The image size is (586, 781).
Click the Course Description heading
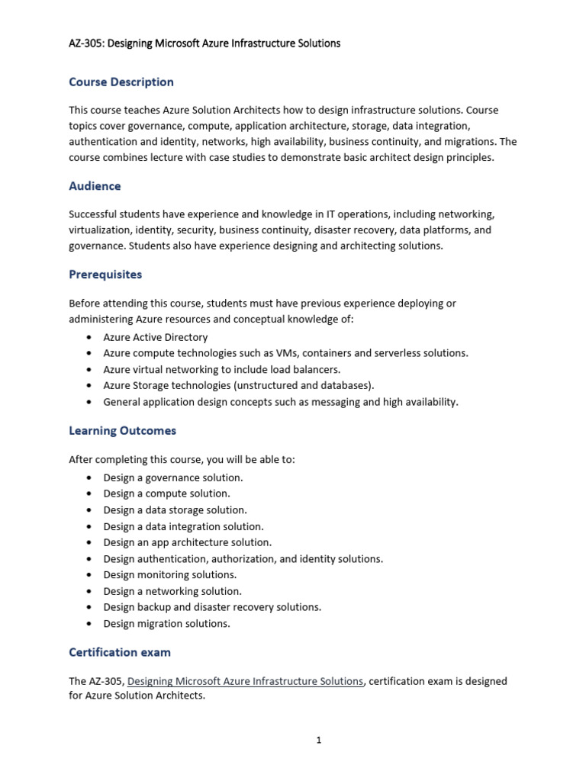(x=121, y=82)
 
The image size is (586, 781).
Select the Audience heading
(x=95, y=185)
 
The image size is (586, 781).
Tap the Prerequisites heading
(x=105, y=274)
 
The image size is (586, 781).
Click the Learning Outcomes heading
(x=122, y=430)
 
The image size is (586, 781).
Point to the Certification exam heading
(x=120, y=652)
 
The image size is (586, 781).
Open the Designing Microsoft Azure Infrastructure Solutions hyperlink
(x=245, y=681)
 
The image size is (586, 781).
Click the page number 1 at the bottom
(x=319, y=740)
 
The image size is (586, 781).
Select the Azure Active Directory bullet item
(x=155, y=337)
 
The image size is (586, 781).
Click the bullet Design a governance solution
(x=172, y=477)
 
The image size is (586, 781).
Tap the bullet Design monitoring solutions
(x=169, y=574)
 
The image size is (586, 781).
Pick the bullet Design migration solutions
(x=166, y=623)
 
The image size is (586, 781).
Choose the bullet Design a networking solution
(x=172, y=591)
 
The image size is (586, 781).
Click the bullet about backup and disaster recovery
(x=212, y=607)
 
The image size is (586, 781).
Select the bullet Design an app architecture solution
(x=187, y=542)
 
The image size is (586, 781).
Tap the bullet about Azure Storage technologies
(x=238, y=385)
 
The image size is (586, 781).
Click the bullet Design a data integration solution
(x=183, y=526)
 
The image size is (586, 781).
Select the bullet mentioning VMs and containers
(x=285, y=353)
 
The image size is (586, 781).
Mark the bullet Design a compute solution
(x=166, y=493)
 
